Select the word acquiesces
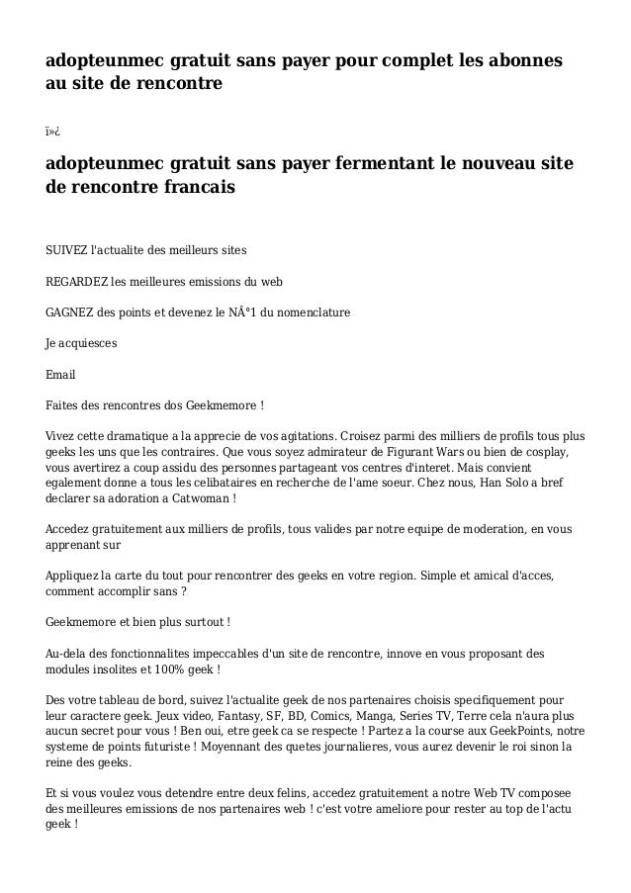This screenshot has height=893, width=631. pyautogui.click(x=88, y=344)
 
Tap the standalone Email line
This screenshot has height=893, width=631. pyautogui.click(x=60, y=376)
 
